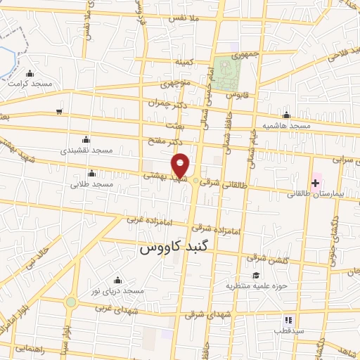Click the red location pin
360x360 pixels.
click(181, 165)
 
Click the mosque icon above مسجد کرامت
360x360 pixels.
click(30, 74)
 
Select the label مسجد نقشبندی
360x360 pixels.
click(86, 150)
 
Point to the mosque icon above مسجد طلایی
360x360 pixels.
click(91, 174)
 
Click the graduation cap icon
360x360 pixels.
click(257, 276)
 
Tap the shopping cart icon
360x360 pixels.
click(60, 111)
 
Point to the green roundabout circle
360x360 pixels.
click(71, 302)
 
